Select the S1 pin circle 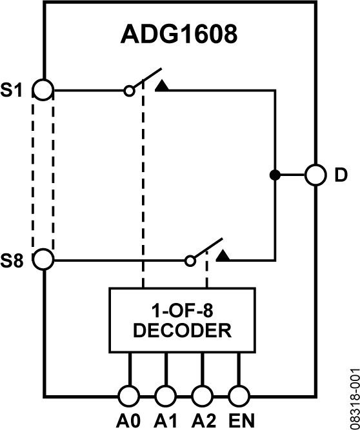coord(43,90)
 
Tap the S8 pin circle coord(43,260)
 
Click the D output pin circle coord(315,175)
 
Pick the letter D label coord(341,175)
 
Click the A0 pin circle coord(128,395)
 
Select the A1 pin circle coord(165,395)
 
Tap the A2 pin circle coord(202,395)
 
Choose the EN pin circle coord(239,395)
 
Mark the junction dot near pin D coord(275,175)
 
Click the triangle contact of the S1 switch coord(162,85)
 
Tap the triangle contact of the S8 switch coord(223,256)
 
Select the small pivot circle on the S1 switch coord(129,91)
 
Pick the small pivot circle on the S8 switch coord(190,261)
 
